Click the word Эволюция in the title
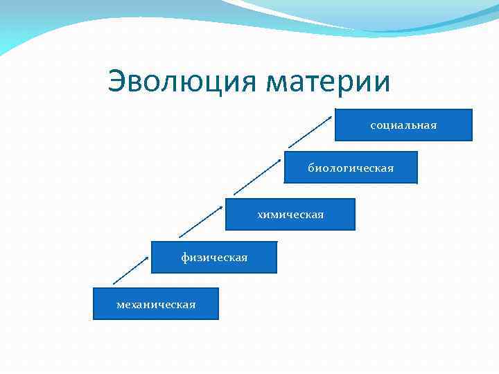[x=183, y=82]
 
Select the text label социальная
[x=403, y=125]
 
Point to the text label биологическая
[x=351, y=168]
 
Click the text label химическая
[x=290, y=215]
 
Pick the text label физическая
[x=214, y=258]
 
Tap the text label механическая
[x=156, y=304]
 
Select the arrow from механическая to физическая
[x=132, y=269]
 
